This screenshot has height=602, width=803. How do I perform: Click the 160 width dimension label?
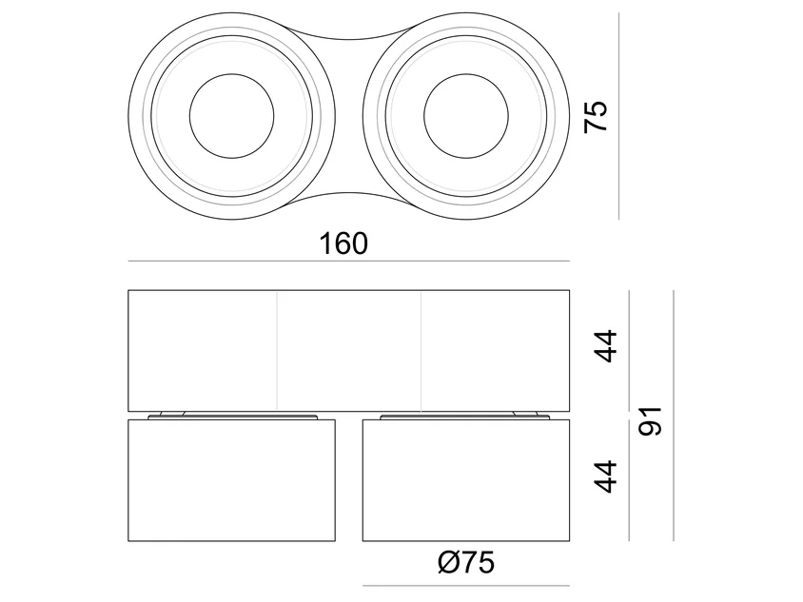point(343,243)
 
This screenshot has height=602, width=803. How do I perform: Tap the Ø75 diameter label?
point(466,563)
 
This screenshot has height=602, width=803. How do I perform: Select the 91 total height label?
point(651,421)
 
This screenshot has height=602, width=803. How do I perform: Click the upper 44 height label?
point(605,346)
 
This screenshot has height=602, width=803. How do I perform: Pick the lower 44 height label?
point(605,476)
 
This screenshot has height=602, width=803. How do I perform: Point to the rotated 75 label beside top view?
point(596,117)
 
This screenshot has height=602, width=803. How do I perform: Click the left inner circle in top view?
point(231,74)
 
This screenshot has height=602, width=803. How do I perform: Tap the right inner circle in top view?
point(466,74)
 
